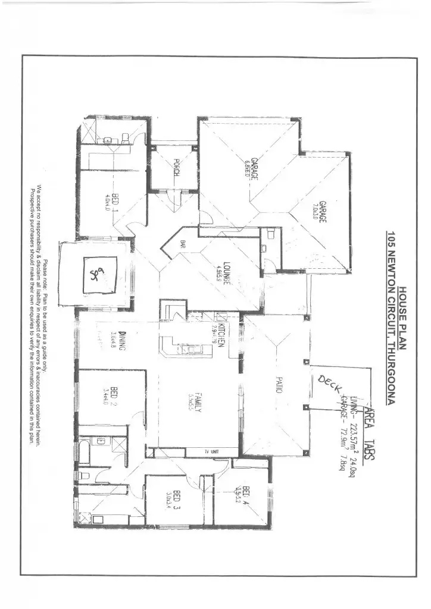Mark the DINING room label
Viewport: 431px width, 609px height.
point(121,341)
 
